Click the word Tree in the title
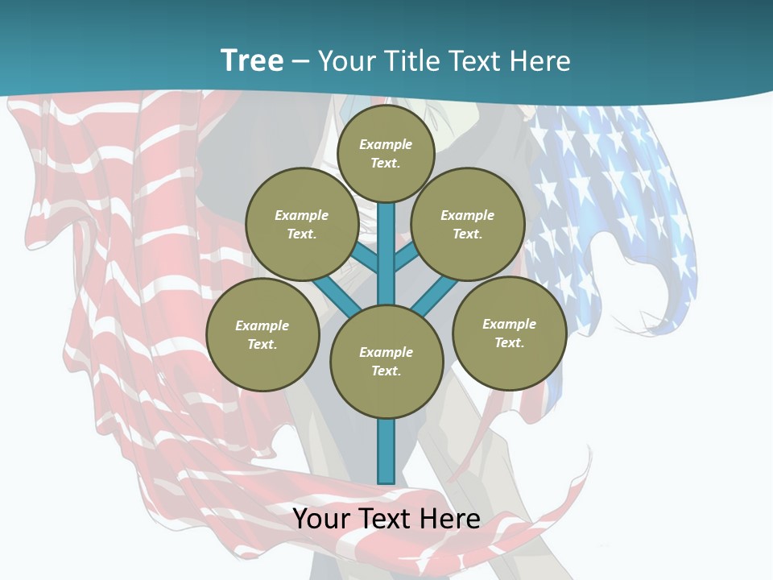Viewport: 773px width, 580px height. tap(252, 61)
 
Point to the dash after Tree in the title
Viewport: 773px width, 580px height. tap(300, 62)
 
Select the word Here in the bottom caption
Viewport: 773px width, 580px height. tap(450, 519)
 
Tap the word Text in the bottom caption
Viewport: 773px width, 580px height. tap(386, 519)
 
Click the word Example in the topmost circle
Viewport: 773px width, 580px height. tap(386, 145)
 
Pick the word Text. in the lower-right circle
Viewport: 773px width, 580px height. tap(509, 342)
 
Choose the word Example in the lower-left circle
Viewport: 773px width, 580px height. tap(262, 326)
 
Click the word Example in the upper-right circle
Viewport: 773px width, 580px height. tap(468, 216)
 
